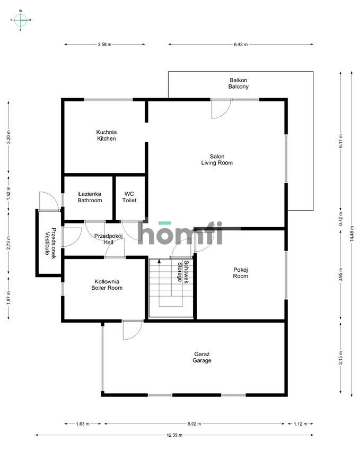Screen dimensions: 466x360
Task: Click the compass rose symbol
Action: point(21,20)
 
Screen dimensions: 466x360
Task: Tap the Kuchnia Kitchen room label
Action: point(106,135)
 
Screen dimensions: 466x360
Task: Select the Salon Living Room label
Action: point(216,160)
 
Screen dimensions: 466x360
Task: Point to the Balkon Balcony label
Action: point(239,83)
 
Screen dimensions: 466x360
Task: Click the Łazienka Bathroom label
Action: point(90,197)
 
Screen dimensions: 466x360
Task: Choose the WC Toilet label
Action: point(129,197)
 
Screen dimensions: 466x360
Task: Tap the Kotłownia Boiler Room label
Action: point(106,285)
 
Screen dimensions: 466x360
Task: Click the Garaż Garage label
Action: point(202,357)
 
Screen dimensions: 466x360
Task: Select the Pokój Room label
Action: point(241,273)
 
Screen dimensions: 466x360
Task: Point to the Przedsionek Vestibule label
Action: point(50,241)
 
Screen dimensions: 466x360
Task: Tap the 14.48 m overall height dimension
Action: point(351,232)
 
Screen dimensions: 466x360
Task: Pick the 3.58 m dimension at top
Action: point(104,45)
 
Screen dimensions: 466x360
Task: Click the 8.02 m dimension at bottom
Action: point(194,424)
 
